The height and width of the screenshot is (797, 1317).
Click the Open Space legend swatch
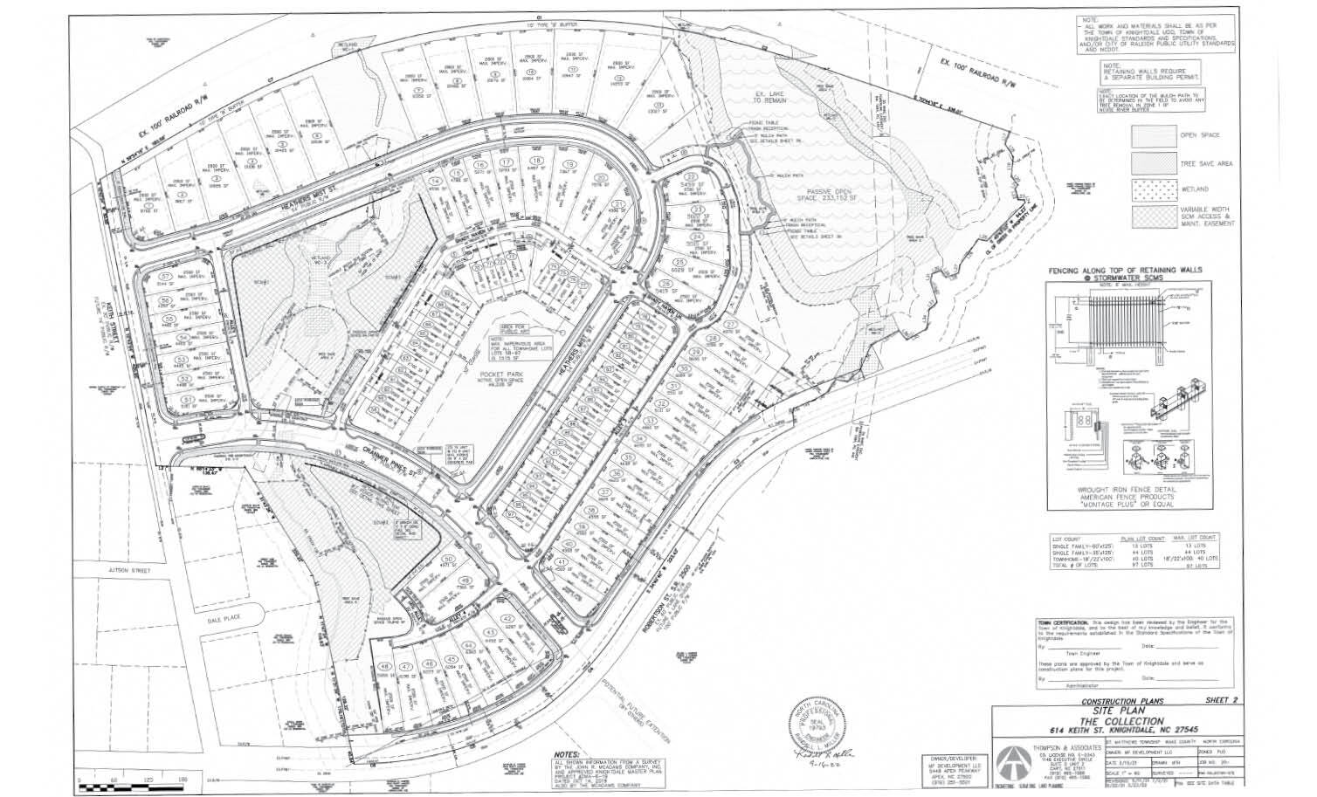[x=1153, y=136]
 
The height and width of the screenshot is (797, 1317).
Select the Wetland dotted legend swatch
[x=1153, y=187]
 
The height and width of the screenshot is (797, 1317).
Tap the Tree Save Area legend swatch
[x=1153, y=162]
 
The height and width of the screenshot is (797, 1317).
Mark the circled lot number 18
[x=536, y=162]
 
